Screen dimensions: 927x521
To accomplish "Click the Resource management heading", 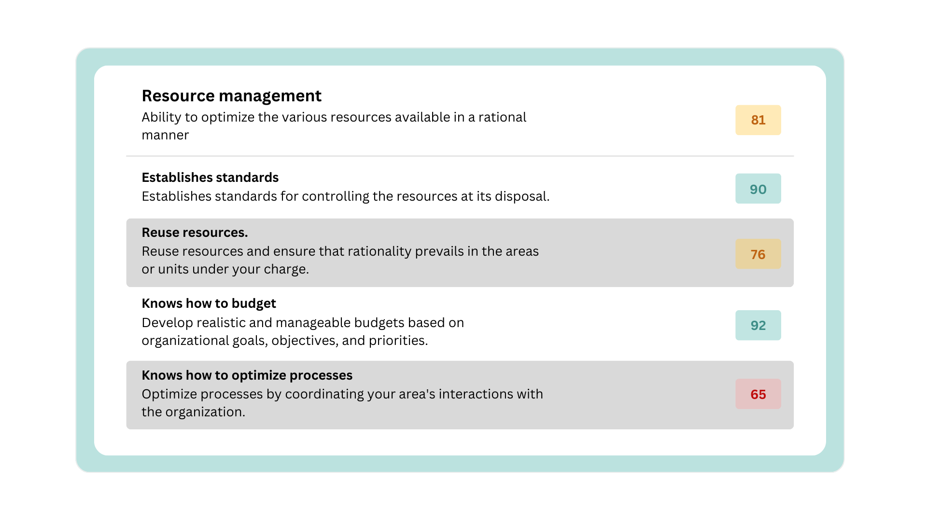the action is click(x=231, y=96).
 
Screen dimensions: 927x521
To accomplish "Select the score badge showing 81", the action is click(x=758, y=120).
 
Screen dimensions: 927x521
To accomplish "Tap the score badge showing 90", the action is click(x=758, y=189).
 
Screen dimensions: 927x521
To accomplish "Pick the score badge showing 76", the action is click(x=758, y=254).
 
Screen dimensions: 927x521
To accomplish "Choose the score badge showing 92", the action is click(x=758, y=325).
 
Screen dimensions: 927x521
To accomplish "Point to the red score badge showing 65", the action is click(x=758, y=394).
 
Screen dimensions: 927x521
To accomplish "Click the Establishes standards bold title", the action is click(x=210, y=178).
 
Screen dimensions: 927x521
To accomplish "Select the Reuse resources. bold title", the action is click(x=195, y=233).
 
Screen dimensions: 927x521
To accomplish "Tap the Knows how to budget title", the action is click(x=209, y=303).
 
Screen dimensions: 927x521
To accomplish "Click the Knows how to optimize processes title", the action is click(x=247, y=375).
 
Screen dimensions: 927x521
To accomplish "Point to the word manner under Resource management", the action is click(x=165, y=136).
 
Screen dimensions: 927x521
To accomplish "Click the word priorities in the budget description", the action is click(x=398, y=341).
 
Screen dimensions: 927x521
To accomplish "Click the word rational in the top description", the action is click(x=502, y=117).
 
